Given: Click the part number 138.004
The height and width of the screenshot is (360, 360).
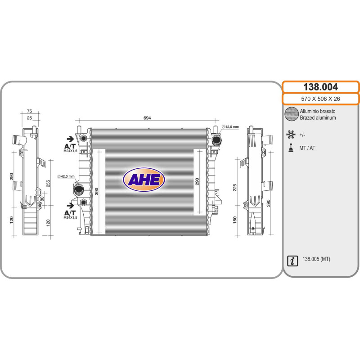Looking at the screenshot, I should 320,87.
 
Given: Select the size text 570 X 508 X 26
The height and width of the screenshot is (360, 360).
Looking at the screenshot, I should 320,99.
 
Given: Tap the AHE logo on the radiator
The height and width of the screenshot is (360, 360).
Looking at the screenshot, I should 144,180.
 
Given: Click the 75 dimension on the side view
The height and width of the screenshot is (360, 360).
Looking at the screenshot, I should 29,111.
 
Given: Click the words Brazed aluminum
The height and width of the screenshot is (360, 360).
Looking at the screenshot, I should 318,117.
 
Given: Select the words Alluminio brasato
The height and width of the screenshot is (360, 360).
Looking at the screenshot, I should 317,111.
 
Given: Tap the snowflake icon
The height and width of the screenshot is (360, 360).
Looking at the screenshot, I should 291,134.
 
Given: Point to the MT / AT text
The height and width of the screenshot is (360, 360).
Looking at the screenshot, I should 307,148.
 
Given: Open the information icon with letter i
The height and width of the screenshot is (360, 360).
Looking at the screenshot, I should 292,260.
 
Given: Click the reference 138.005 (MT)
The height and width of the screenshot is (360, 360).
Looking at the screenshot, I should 316,260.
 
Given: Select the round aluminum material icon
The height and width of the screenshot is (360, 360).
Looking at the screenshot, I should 292,114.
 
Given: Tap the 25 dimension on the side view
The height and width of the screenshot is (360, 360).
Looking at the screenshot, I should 30,118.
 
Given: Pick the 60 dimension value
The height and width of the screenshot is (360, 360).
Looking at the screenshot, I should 42,198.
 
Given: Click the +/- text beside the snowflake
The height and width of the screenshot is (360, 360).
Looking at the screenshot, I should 302,134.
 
